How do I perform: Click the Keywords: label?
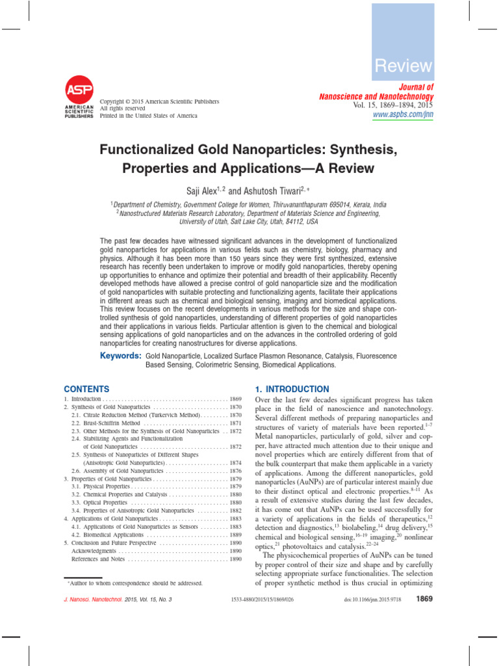[121, 356]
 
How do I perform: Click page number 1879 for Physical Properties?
[235, 486]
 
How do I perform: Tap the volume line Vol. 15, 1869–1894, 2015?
[393, 105]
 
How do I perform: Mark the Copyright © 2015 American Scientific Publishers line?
[159, 101]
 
